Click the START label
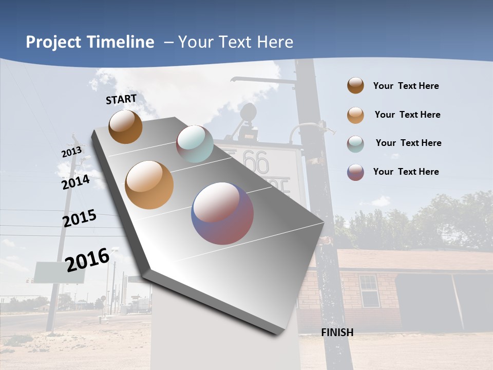(121, 99)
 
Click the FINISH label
(337, 332)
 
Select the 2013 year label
(71, 152)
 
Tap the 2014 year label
(75, 182)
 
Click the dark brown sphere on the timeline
(125, 126)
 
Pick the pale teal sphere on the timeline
(195, 143)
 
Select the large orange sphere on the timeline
(149, 185)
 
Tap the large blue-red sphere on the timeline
(222, 213)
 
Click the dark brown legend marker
(355, 85)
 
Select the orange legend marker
(355, 115)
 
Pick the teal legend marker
(355, 143)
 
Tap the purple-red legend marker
(355, 172)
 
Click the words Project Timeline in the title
(90, 42)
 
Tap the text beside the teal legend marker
(408, 143)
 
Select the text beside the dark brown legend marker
(406, 86)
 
